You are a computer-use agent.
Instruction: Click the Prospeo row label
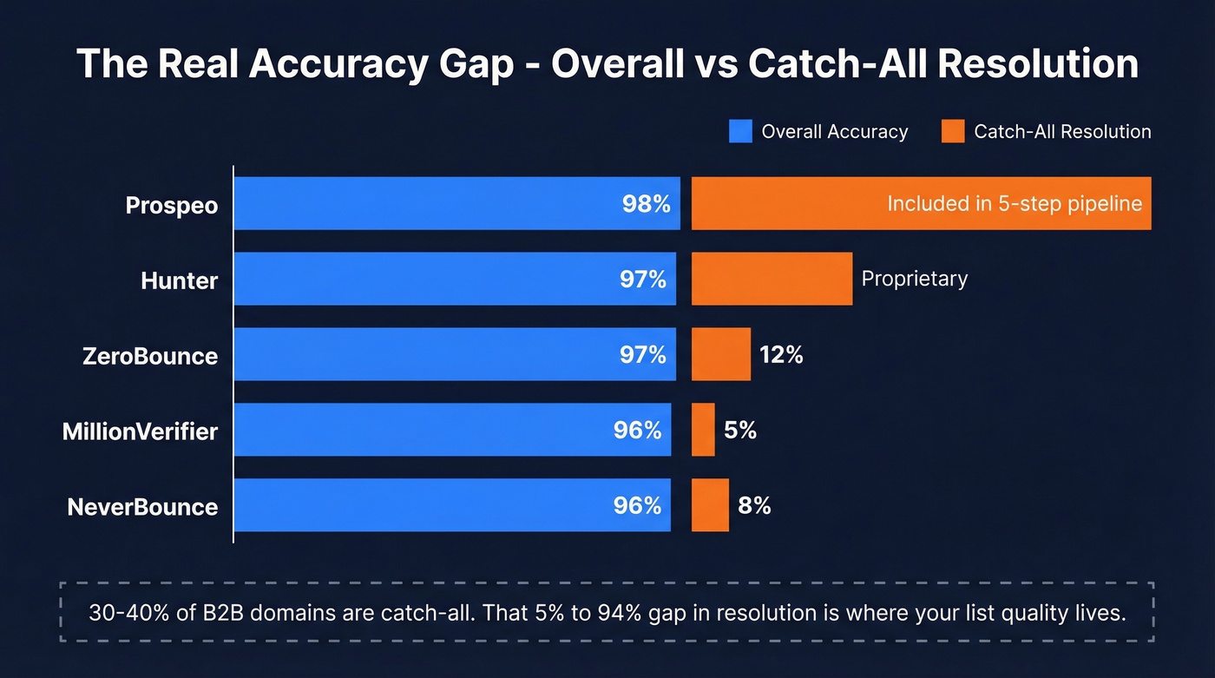[x=171, y=205]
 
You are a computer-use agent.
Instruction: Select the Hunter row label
[x=179, y=280]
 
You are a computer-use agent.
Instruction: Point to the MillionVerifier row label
[x=140, y=431]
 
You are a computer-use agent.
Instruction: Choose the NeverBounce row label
[x=142, y=506]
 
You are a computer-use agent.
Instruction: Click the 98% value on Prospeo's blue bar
[x=646, y=204]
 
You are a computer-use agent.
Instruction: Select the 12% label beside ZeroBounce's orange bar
[x=781, y=354]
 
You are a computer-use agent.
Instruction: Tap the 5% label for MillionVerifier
[x=740, y=430]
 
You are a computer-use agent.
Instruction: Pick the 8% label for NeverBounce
[x=754, y=505]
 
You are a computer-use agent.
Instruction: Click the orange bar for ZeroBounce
[x=720, y=354]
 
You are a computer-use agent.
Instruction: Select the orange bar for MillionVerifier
[x=703, y=430]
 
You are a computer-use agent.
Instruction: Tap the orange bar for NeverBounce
[x=710, y=505]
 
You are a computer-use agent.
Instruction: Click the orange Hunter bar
[x=772, y=279]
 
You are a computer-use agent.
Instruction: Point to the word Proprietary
[x=914, y=279]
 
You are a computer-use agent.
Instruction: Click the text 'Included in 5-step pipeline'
[x=1014, y=204]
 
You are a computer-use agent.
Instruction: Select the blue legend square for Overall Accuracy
[x=740, y=132]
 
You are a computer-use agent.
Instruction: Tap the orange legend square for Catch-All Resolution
[x=953, y=132]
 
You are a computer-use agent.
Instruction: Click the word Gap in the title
[x=475, y=64]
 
